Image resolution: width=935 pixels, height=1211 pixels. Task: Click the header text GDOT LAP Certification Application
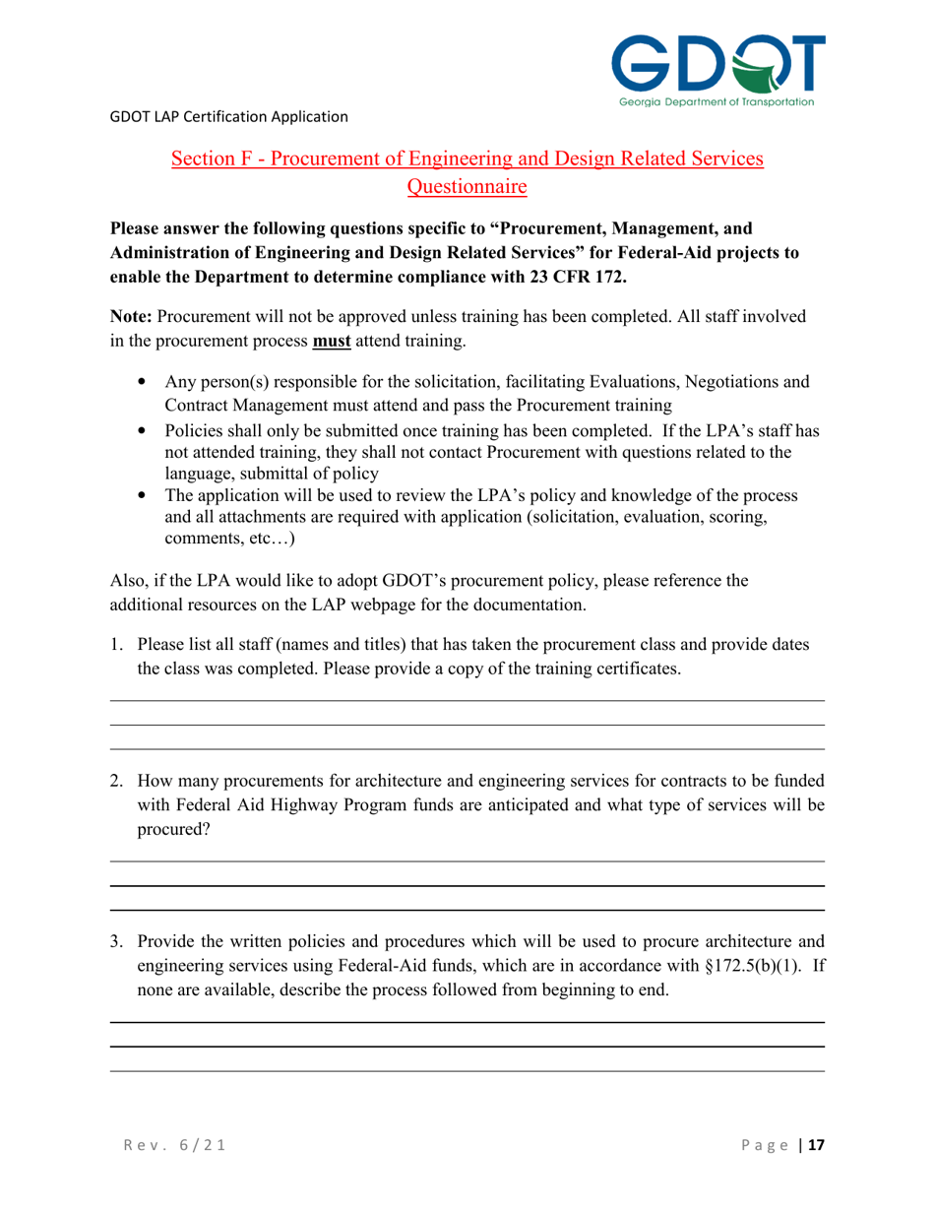pyautogui.click(x=228, y=117)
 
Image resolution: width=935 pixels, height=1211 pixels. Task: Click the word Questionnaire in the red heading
pyautogui.click(x=467, y=184)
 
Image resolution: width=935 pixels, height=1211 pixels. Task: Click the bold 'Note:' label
pyautogui.click(x=131, y=317)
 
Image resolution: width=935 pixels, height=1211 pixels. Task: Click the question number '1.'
pyautogui.click(x=116, y=646)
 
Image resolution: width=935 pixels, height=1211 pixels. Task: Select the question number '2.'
pyautogui.click(x=116, y=783)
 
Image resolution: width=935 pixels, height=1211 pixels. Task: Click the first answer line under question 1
pyautogui.click(x=467, y=701)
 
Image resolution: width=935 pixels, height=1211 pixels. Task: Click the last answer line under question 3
pyautogui.click(x=467, y=1071)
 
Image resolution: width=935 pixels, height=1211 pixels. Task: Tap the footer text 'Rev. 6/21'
pyautogui.click(x=170, y=1146)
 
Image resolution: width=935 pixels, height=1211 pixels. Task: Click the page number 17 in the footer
pyautogui.click(x=815, y=1146)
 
